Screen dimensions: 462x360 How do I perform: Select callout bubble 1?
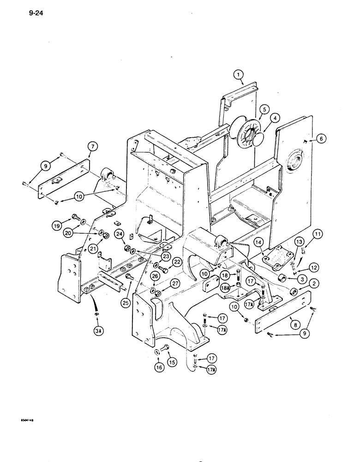(x=237, y=74)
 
